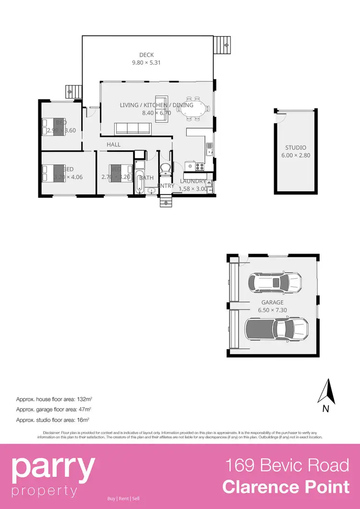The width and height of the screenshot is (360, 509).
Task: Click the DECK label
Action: click(146, 55)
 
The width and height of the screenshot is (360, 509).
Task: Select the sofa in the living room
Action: click(133, 128)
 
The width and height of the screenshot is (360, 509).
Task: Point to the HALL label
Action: click(114, 145)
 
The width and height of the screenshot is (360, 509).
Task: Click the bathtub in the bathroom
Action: click(139, 182)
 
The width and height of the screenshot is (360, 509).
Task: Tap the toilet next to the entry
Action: click(165, 169)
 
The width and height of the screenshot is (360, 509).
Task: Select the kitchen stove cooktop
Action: click(199, 167)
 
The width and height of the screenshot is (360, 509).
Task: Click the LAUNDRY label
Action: click(193, 181)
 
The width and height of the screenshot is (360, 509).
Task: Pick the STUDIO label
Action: click(296, 147)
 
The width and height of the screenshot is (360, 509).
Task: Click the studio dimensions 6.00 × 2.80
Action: click(296, 155)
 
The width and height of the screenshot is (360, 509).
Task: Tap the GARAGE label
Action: click(272, 303)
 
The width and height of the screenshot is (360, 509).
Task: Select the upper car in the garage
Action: click(275, 283)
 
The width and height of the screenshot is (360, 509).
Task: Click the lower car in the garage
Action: click(276, 329)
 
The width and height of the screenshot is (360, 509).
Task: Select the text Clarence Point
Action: click(286, 487)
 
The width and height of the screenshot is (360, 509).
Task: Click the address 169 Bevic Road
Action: click(288, 465)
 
